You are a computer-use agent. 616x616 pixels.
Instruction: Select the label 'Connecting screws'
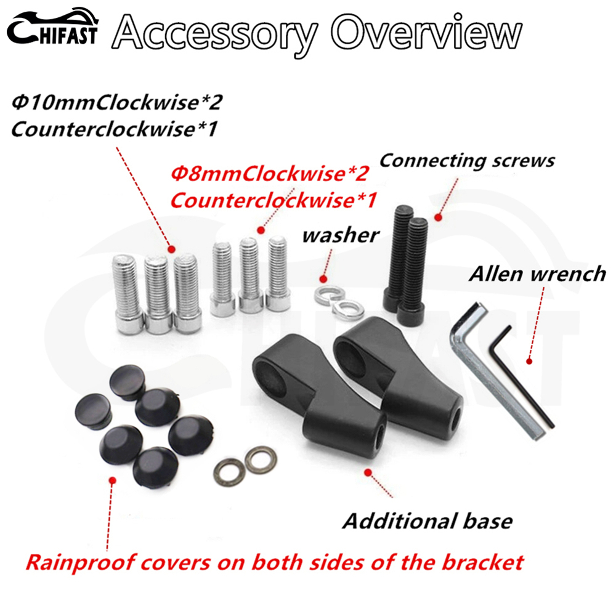[x=467, y=161]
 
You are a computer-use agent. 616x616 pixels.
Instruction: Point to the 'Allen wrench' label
[x=537, y=274]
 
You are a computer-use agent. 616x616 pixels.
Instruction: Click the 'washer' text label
[x=341, y=235]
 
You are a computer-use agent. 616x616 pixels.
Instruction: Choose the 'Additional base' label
[x=428, y=521]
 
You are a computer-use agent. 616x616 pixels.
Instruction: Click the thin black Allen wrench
[x=524, y=376]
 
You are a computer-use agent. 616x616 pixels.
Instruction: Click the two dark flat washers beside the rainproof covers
[x=244, y=466]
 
